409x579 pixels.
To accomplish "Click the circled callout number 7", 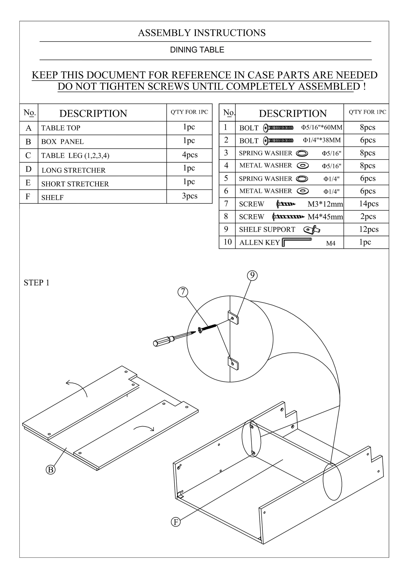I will coord(183,292).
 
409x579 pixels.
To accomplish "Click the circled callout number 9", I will coord(252,275).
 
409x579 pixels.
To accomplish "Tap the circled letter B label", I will coord(51,470).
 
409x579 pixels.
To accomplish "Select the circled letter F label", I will coord(176,522).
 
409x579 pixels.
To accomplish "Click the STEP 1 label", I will coord(37,283).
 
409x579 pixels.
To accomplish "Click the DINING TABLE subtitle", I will coord(197,50).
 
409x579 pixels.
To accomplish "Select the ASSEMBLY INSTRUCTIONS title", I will coord(202,33).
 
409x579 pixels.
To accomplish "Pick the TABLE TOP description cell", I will coord(61,128).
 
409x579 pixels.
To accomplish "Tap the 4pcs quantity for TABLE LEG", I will coord(190,155).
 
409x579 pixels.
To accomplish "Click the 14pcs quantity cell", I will coord(369,204).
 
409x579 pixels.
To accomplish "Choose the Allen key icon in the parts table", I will coord(296,242).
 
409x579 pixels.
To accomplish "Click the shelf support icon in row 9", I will coord(312,229).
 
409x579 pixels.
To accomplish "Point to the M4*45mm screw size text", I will coord(325,217).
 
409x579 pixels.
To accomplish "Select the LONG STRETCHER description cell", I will coord(74,170).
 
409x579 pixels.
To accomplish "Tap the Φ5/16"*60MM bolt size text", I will coord(322,127).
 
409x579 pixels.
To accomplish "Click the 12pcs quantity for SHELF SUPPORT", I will coord(369,229).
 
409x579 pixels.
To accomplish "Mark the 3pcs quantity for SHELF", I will coord(190,196).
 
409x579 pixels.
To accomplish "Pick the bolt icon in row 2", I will coord(278,140).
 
